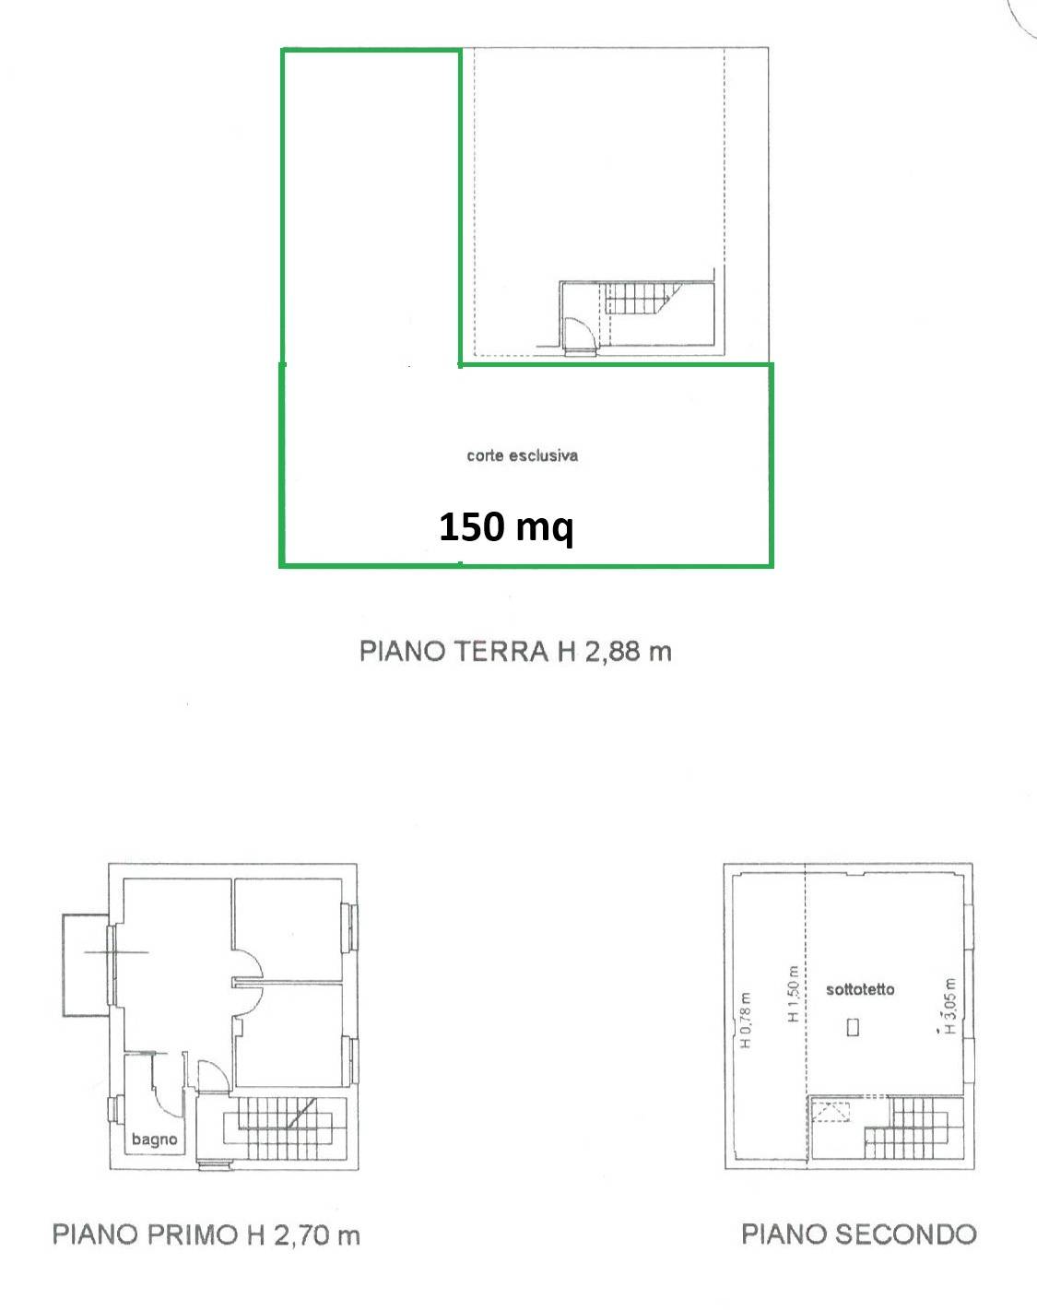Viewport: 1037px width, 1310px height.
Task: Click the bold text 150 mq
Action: [506, 527]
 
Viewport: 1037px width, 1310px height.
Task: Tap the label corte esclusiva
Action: [522, 455]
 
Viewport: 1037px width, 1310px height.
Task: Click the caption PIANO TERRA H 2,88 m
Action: [515, 651]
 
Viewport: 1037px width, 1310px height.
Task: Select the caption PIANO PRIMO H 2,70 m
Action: [206, 1234]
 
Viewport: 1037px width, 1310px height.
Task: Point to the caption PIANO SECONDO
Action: [858, 1234]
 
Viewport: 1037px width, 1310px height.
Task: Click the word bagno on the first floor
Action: [154, 1139]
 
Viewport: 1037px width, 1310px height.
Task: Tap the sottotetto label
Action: [859, 989]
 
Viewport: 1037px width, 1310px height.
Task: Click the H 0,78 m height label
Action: [746, 1020]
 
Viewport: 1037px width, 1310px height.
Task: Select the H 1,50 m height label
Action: [792, 994]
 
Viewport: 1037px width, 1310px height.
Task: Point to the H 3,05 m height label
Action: [950, 1007]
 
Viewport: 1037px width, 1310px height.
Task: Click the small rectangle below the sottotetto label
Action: [853, 1026]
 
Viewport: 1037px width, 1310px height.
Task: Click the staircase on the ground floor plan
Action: [642, 300]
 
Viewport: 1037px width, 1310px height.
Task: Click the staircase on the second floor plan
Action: [905, 1132]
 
